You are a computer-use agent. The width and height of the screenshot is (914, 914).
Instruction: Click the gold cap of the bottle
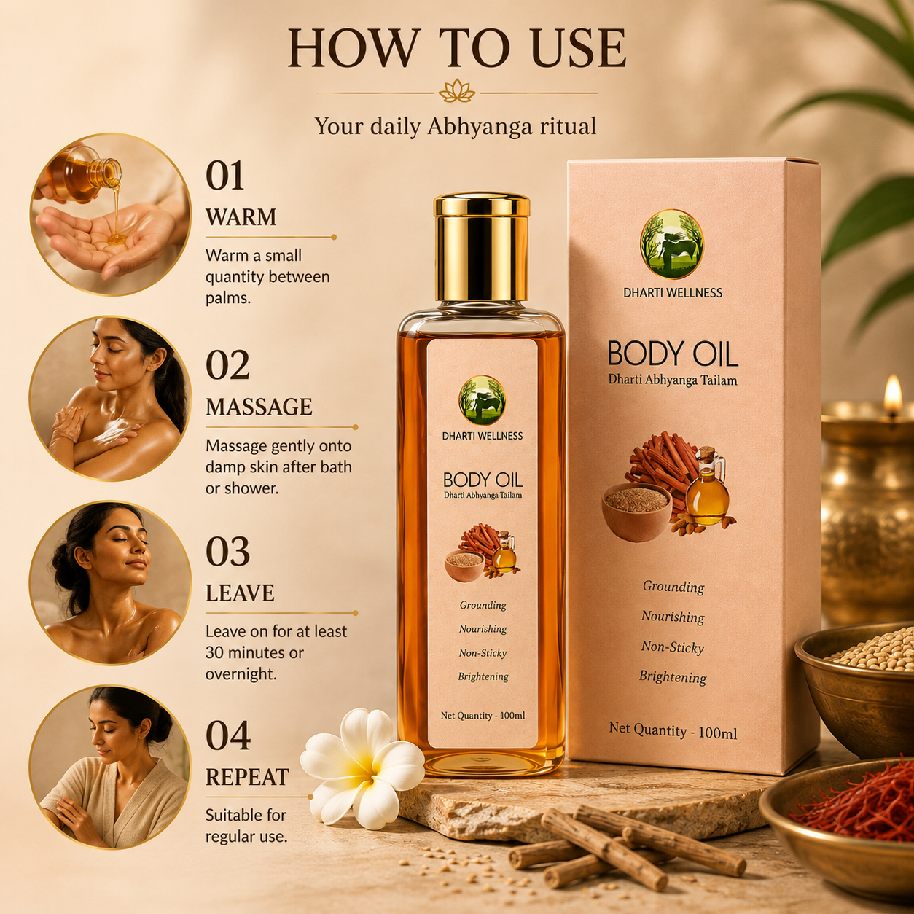click(482, 248)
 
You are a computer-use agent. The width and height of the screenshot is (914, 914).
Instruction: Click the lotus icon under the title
click(457, 91)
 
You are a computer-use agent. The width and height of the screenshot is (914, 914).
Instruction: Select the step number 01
click(224, 176)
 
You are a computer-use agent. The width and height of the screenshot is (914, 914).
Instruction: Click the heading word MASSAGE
click(259, 407)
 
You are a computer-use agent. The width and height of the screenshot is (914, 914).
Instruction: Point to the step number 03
click(227, 552)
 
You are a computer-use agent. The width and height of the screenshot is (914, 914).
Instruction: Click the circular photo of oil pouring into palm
click(111, 214)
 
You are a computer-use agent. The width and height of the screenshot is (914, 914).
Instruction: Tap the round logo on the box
click(672, 244)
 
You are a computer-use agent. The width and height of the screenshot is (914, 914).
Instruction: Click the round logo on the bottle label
click(482, 400)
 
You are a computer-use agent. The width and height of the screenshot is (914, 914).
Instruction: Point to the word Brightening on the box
click(673, 677)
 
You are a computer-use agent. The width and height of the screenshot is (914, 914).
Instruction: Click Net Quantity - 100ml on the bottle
click(483, 716)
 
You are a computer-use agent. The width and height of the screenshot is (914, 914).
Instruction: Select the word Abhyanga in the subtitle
click(481, 127)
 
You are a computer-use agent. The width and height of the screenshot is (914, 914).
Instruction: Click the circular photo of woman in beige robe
click(111, 767)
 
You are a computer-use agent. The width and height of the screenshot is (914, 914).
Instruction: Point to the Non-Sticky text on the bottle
click(483, 653)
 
